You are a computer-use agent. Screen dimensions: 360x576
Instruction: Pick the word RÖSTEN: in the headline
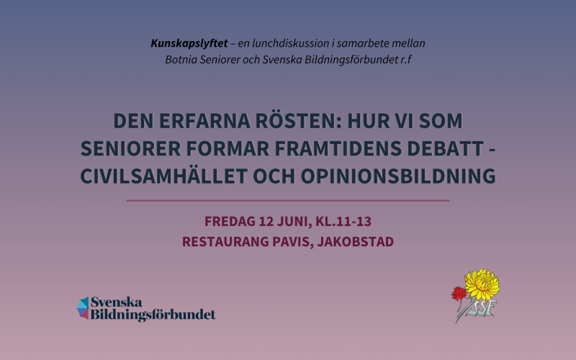303,120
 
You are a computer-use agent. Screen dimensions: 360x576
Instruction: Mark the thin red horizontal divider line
288,200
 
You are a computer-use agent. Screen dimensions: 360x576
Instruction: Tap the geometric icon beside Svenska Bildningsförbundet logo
83,308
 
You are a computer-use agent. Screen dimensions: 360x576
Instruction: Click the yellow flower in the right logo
482,283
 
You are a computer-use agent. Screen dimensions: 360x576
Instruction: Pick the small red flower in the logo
457,292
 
